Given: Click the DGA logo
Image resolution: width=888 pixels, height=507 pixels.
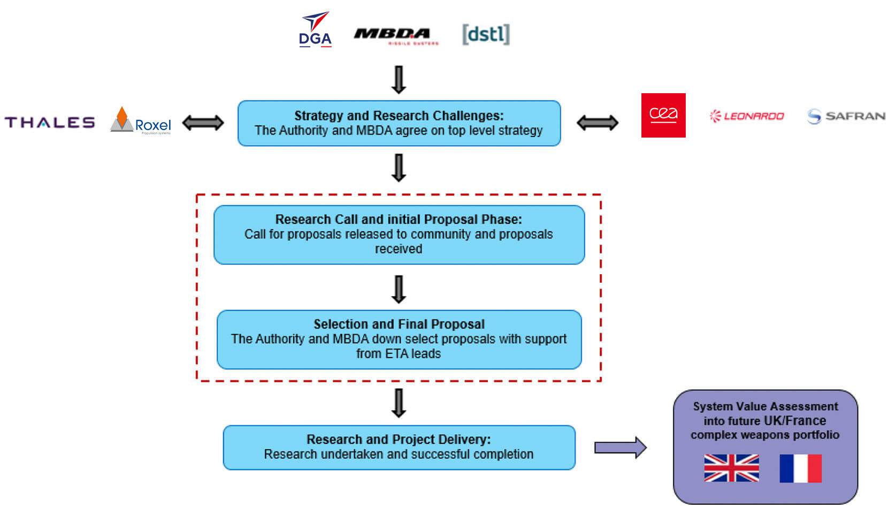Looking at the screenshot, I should pos(315,30).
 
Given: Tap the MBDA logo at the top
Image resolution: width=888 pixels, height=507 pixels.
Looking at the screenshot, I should pos(395,35).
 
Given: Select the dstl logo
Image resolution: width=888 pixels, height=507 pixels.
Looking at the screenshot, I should pos(486,34).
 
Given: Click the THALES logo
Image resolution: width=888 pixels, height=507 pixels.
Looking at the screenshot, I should pos(50,123).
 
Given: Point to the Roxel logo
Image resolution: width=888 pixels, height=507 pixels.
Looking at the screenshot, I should pos(141,121).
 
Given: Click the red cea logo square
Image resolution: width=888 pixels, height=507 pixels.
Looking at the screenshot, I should pos(663,115).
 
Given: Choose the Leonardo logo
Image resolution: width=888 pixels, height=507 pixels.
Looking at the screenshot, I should pos(747,116).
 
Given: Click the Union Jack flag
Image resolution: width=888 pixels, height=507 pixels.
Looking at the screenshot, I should pos(731,468).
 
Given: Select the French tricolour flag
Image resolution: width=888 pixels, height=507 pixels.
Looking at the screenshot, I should pos(800,468).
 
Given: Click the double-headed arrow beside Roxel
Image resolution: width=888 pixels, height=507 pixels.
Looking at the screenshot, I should pos(203,123).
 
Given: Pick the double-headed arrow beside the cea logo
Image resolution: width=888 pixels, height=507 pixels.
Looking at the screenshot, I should pos(597,123).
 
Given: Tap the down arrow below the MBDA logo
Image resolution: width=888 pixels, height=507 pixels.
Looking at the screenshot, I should pos(399,80).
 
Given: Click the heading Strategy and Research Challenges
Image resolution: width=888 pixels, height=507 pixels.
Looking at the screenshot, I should pos(399,116).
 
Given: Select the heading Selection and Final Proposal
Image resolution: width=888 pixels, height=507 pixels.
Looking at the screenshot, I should pos(399,324).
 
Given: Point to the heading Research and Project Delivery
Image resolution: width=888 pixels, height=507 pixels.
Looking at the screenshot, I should pos(399,439).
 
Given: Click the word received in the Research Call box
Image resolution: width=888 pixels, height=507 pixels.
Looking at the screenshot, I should pos(399,249).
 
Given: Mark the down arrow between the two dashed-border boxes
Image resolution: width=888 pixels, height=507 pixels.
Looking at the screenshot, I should pos(399,289).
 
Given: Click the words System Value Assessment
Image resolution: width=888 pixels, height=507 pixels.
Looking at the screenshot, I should pos(765,406).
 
